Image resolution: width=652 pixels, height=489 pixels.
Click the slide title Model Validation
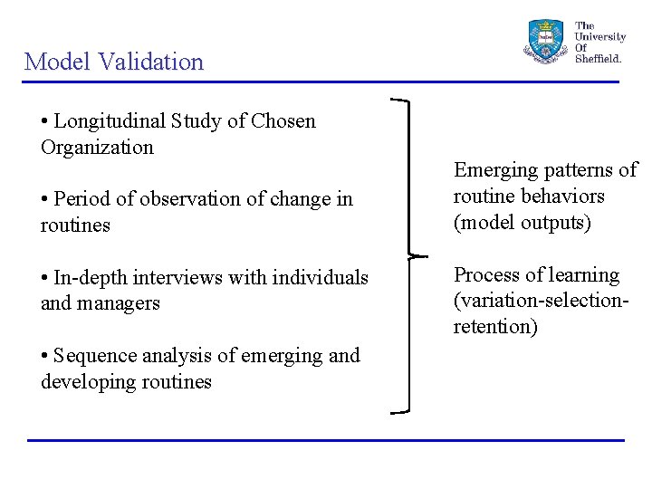pos(114,62)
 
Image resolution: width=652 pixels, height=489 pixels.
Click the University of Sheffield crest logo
pos(545,41)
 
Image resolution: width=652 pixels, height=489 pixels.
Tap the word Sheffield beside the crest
pos(599,59)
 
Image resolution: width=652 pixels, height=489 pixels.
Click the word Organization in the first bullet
pos(97,147)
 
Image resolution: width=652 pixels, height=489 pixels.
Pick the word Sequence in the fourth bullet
pos(94,356)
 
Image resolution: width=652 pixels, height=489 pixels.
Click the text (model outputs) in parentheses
pos(522,223)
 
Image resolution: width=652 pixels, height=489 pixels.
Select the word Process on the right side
pos(487,275)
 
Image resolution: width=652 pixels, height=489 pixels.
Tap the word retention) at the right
pos(495,327)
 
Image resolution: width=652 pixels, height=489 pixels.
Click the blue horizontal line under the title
pos(321,82)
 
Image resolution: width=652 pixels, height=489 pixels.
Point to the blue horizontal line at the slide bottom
pos(326,440)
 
